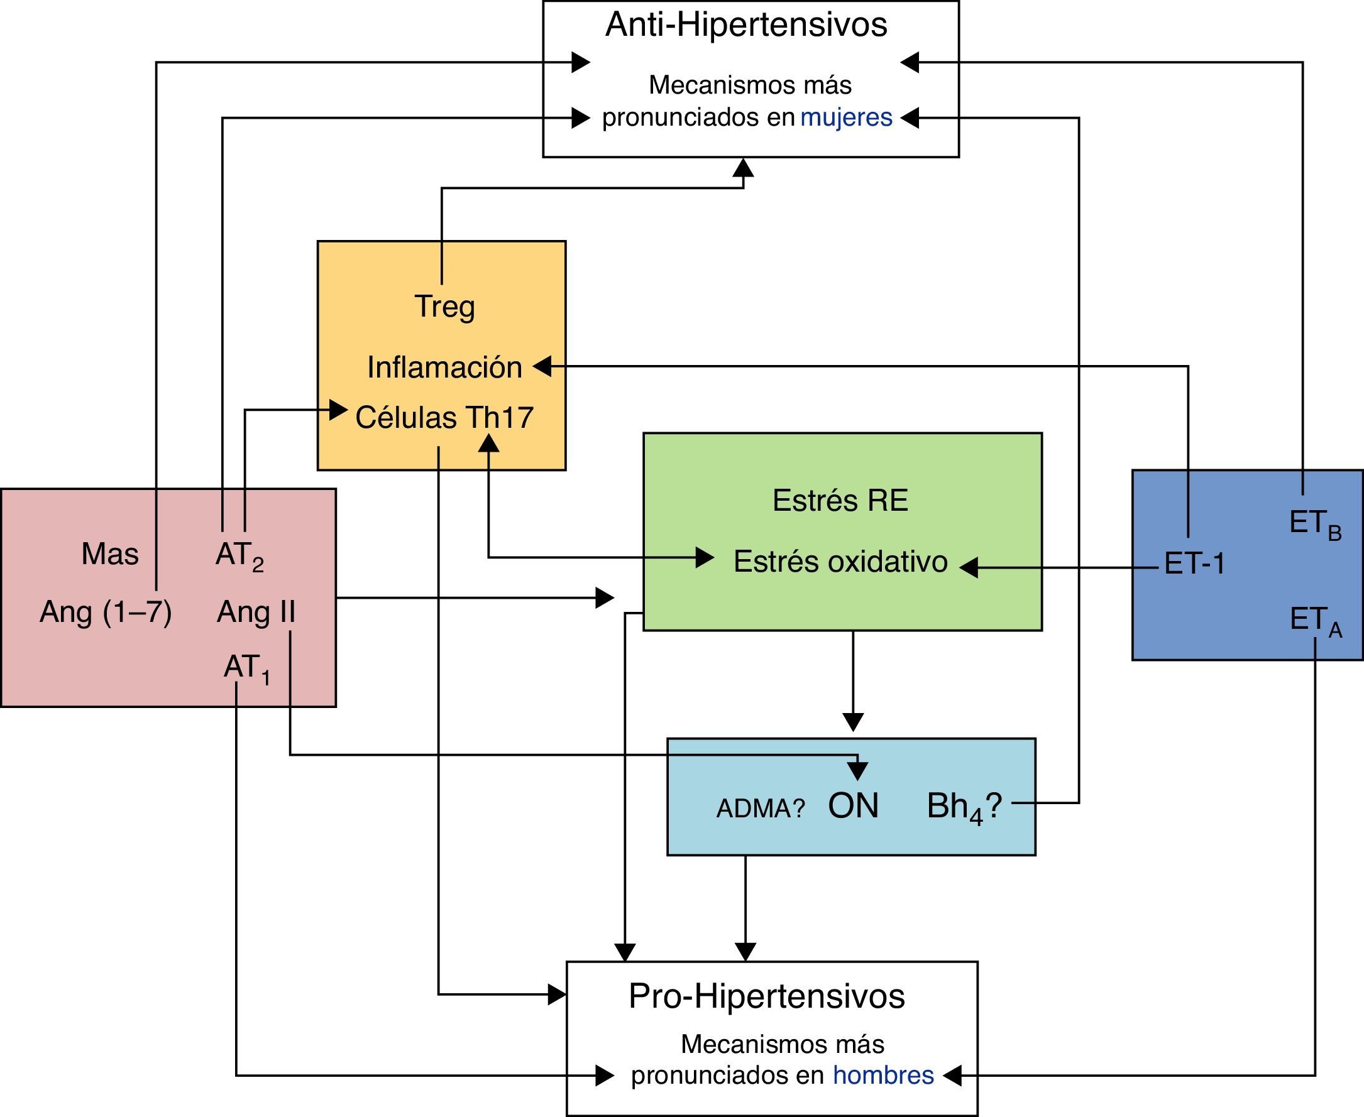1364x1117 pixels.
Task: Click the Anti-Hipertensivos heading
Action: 746,25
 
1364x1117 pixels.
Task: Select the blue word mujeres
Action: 846,117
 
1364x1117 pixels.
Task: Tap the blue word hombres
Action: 883,1075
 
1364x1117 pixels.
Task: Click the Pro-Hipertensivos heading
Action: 767,996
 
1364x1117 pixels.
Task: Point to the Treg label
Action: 445,307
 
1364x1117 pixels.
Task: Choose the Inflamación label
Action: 444,368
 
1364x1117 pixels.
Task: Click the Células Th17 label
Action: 444,418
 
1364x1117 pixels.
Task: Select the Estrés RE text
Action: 840,501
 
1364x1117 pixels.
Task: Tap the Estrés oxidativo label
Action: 840,562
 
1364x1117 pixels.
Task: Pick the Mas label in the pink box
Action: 110,554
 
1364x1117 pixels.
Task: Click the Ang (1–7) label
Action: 106,612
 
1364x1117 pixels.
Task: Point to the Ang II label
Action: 256,612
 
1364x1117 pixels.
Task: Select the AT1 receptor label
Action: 246,668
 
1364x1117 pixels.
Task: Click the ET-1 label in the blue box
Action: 1195,564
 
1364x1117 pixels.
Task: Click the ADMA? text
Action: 760,809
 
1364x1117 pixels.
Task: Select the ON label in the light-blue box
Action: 853,805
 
